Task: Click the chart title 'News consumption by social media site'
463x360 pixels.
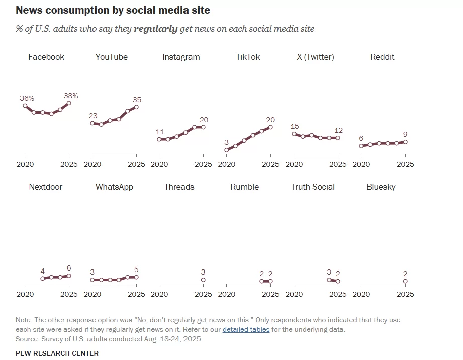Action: tap(113, 10)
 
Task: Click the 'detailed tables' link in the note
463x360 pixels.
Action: tap(246, 330)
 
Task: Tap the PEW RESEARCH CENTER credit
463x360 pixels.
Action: tap(57, 353)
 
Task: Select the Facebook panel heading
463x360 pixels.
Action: tap(46, 57)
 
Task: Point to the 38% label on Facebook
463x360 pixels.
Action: tap(70, 96)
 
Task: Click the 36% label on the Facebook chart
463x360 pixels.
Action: tap(27, 98)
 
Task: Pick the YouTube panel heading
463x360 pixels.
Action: tap(111, 57)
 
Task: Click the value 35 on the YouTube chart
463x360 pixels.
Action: tap(137, 100)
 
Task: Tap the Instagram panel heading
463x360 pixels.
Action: tap(181, 57)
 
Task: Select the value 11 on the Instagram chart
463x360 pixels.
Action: tap(160, 132)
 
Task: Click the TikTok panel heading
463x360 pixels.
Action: tap(248, 57)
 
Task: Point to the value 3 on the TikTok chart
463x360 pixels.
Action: tap(227, 142)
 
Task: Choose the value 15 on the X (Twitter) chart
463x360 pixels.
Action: tap(295, 126)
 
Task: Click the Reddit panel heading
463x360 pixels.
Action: tap(382, 57)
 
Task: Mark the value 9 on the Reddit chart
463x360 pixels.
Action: tap(405, 134)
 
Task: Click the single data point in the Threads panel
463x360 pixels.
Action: tap(203, 280)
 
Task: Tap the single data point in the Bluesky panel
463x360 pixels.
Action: tap(405, 281)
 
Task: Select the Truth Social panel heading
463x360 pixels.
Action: tap(313, 187)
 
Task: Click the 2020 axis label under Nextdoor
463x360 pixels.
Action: tap(25, 294)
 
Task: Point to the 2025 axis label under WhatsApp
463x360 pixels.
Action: tap(136, 294)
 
